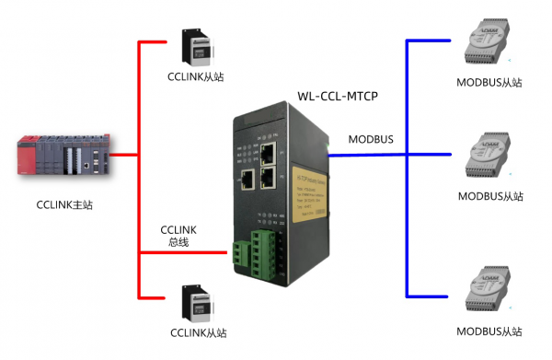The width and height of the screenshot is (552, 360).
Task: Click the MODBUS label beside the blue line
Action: click(x=370, y=139)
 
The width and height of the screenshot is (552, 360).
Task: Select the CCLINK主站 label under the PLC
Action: click(x=63, y=204)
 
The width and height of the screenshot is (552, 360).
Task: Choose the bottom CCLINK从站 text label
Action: click(x=197, y=332)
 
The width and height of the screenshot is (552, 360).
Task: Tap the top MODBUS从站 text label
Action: click(x=489, y=82)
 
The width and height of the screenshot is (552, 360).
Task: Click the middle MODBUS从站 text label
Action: click(x=489, y=196)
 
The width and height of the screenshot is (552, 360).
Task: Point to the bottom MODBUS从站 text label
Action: click(x=489, y=330)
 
